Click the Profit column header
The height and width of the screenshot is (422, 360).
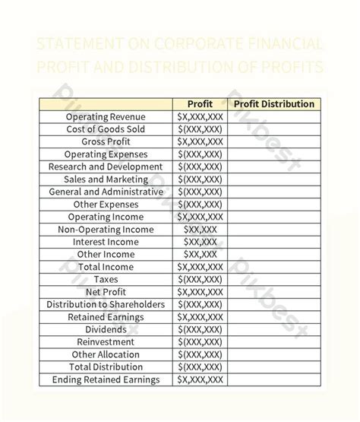tap(200, 104)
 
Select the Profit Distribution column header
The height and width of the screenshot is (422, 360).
tap(273, 104)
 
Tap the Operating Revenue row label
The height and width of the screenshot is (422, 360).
tap(106, 117)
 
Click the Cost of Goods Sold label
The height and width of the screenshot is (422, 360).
tap(106, 129)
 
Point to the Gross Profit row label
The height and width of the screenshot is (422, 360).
tap(106, 142)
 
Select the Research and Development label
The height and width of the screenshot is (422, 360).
tap(106, 167)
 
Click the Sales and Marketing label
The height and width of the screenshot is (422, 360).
tap(106, 179)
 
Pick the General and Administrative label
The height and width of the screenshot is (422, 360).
tap(106, 192)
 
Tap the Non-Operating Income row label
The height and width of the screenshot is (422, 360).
tap(106, 230)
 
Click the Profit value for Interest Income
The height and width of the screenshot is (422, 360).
tap(200, 242)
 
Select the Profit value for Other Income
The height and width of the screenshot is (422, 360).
tap(200, 254)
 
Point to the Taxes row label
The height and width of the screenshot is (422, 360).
tap(106, 279)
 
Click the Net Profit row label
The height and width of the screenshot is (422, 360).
tap(106, 292)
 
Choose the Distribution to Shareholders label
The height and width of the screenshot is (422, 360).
tap(106, 304)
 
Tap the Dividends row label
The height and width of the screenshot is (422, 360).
tap(106, 329)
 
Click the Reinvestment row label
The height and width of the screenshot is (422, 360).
tap(106, 341)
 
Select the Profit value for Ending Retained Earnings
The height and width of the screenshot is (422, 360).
tap(200, 379)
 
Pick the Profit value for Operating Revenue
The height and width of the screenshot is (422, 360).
tap(200, 117)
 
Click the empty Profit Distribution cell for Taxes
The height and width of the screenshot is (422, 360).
tap(273, 279)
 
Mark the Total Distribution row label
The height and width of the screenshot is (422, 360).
tap(106, 366)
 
